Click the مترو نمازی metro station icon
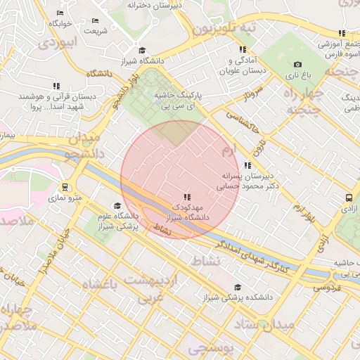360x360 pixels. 65,188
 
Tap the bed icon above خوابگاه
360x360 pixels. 60,13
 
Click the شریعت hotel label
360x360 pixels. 95,31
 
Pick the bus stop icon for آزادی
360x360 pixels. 349,198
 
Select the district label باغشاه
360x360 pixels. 102,283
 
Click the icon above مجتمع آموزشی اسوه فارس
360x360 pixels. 342,33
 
